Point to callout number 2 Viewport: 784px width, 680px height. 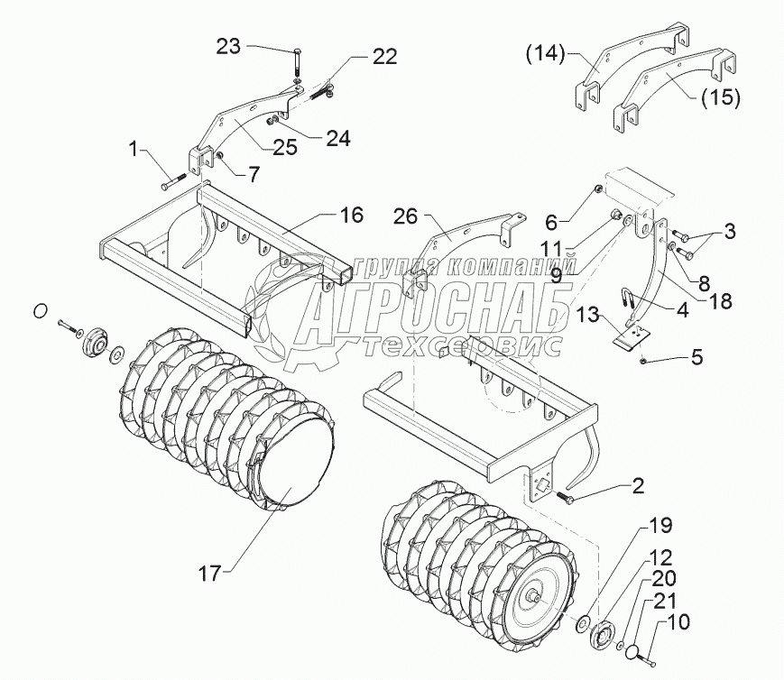(x=637, y=486)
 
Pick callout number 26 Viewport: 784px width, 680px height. (x=407, y=217)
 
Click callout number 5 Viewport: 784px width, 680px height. (x=696, y=356)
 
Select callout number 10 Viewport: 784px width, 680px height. (x=679, y=621)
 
